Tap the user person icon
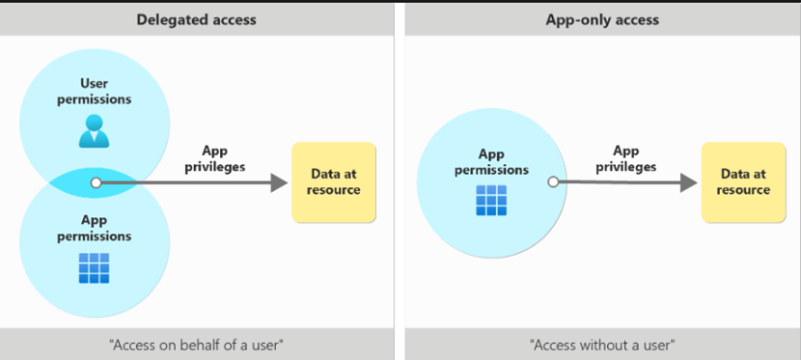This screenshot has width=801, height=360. pyautogui.click(x=94, y=131)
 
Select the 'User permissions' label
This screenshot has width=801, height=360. pyautogui.click(x=94, y=92)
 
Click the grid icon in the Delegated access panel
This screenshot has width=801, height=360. pyautogui.click(x=94, y=268)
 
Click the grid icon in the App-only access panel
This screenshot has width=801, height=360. pyautogui.click(x=490, y=200)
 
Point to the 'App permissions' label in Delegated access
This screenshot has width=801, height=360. pyautogui.click(x=94, y=228)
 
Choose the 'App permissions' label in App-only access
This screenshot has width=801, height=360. pyautogui.click(x=490, y=162)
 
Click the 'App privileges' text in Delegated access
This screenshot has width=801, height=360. pyautogui.click(x=222, y=158)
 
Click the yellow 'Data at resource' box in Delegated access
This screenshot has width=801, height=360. pyautogui.click(x=333, y=182)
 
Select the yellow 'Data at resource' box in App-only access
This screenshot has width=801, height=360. pyautogui.click(x=743, y=182)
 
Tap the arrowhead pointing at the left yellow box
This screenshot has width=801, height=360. pyautogui.click(x=280, y=182)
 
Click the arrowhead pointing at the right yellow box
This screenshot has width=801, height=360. pyautogui.click(x=688, y=182)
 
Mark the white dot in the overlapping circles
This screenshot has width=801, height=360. pyautogui.click(x=96, y=182)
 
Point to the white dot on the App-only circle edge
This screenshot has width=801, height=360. pyautogui.click(x=553, y=181)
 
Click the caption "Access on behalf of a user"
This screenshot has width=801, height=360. pyautogui.click(x=196, y=344)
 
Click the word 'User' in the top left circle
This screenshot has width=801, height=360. pyautogui.click(x=94, y=84)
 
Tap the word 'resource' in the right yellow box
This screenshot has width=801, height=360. pyautogui.click(x=743, y=190)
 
